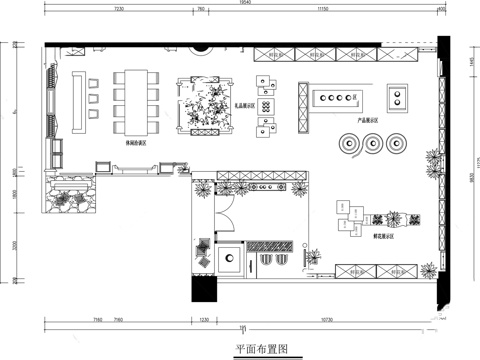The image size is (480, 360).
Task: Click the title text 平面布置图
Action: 261,349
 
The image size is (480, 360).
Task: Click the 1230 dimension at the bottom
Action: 204,318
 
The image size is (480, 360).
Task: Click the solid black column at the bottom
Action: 208,291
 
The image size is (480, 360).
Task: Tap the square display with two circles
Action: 400,97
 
